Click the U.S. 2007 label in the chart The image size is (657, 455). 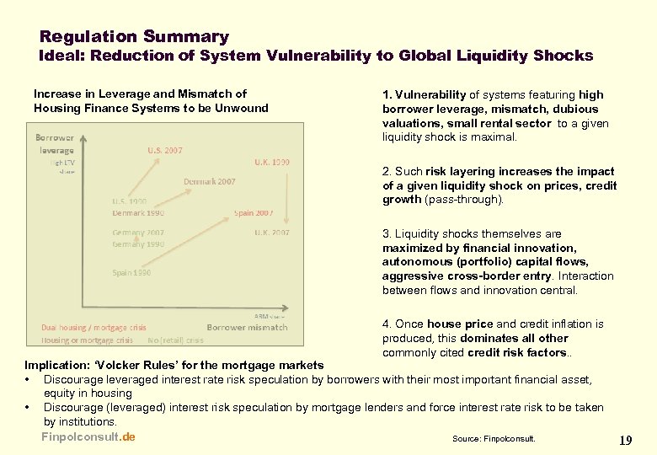point(165,150)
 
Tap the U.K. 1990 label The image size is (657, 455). point(271,161)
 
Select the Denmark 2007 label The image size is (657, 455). point(210,181)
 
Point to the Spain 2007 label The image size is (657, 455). point(254,212)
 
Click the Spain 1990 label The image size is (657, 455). point(131,272)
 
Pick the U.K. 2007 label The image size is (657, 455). point(272,232)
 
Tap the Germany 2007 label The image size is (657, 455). point(138,233)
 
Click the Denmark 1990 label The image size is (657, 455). point(138,212)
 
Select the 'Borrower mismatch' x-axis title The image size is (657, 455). point(247,327)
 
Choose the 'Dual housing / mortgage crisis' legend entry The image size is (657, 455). point(93,327)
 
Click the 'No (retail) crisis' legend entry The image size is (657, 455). point(175,340)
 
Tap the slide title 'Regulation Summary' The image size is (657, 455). point(134,36)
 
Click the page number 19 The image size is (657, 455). point(625,440)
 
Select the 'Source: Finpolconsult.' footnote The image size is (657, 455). point(493,439)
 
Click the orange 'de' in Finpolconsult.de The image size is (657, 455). point(128,436)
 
